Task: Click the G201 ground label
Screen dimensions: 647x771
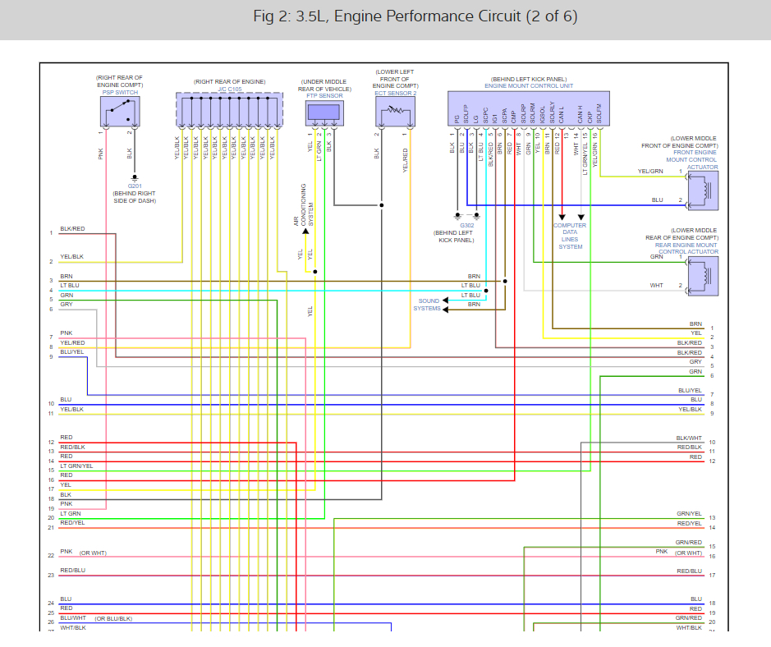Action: (x=134, y=186)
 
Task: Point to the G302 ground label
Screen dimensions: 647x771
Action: (x=466, y=225)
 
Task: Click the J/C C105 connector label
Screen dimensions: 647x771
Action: (x=229, y=88)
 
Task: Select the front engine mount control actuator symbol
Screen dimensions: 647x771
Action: (x=703, y=189)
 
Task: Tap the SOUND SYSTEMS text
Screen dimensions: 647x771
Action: (x=427, y=305)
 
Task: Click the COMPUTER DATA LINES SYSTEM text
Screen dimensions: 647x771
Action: (x=570, y=236)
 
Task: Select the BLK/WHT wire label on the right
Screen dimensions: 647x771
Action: (x=689, y=438)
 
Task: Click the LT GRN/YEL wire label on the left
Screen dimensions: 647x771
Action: (x=76, y=466)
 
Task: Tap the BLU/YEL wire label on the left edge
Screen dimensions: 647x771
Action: (x=71, y=352)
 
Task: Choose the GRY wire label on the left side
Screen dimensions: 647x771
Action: (x=67, y=305)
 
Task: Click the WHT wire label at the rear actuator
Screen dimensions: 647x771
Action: (x=656, y=285)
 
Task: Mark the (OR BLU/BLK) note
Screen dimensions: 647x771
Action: (x=114, y=618)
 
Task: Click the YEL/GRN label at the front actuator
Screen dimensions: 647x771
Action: (x=652, y=171)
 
